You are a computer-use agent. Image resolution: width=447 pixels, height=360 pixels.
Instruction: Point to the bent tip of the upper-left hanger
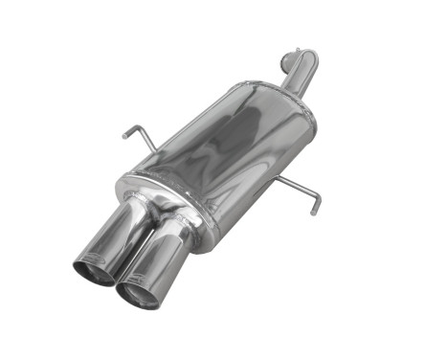(125, 132)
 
